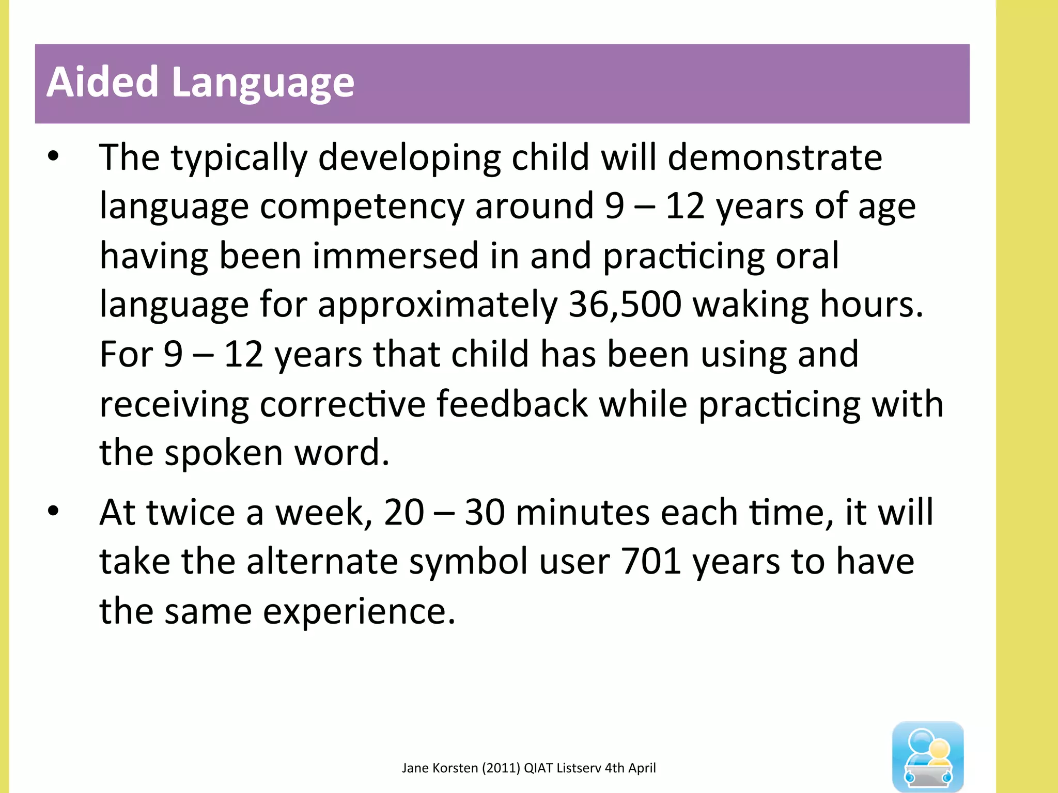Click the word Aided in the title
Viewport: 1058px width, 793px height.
tap(102, 83)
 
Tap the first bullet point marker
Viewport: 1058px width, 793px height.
tap(53, 156)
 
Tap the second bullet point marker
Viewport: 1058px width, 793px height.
tap(53, 511)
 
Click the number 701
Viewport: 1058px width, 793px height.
tap(650, 561)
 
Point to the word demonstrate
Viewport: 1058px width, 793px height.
tap(774, 157)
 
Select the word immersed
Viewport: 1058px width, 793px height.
tap(396, 256)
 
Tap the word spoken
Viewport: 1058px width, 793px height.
tap(223, 453)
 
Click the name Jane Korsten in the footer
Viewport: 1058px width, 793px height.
tap(440, 768)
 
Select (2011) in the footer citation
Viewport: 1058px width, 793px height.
tap(501, 768)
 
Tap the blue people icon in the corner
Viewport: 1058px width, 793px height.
tap(927, 756)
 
